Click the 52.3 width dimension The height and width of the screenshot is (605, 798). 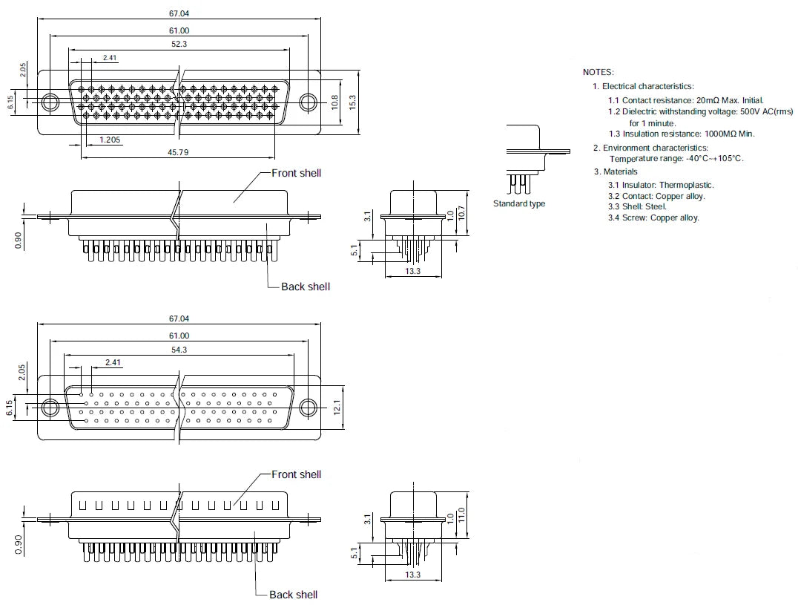179,45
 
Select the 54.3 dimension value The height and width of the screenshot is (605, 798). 179,350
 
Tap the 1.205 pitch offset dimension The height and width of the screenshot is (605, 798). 110,140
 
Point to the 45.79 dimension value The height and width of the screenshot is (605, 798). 178,152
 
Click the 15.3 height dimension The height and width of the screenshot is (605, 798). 353,102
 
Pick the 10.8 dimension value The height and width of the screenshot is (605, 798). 334,102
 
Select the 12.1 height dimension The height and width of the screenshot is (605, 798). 337,408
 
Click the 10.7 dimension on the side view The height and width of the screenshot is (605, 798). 461,213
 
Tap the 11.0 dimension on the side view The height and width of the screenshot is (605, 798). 461,514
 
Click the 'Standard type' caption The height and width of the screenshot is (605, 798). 519,203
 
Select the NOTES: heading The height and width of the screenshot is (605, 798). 598,72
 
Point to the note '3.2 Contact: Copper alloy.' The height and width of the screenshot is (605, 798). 656,196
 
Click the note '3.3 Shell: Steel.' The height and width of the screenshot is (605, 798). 637,207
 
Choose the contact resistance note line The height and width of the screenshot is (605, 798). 686,100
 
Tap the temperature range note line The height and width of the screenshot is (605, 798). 676,159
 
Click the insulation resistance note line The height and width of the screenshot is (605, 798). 682,134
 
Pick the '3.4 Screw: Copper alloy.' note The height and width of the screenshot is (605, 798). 653,218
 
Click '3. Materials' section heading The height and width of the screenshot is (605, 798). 616,171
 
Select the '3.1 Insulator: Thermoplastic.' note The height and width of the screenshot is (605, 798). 661,185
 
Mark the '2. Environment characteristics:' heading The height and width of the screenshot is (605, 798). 650,148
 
